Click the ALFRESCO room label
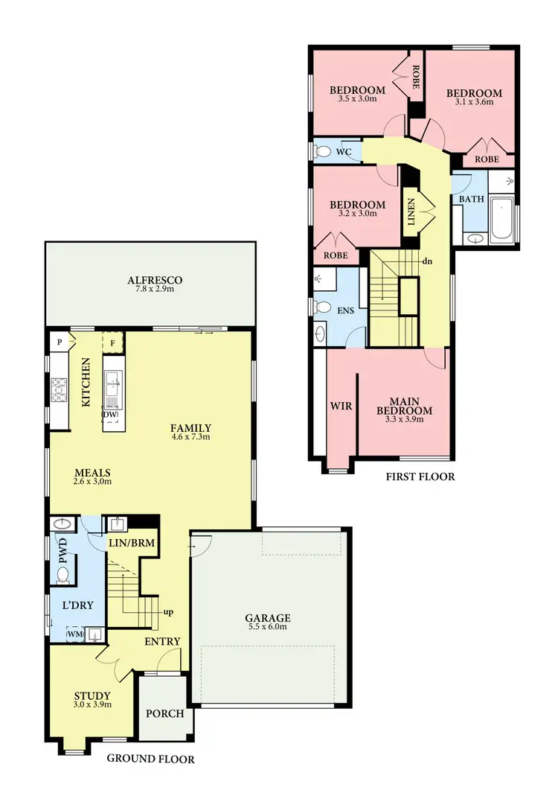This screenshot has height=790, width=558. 155,280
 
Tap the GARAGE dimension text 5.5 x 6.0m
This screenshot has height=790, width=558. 268,627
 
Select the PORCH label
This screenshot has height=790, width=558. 164,713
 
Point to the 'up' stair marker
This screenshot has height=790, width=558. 169,613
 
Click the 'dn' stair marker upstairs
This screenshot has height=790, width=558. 427,262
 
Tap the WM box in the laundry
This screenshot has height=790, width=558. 74,634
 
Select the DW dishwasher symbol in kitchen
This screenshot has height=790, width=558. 110,415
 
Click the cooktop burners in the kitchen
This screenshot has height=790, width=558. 59,388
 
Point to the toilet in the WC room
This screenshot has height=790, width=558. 323,152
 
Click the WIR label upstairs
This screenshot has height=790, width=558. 341,407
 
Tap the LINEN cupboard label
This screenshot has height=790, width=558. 410,211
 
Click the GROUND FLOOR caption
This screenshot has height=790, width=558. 150,759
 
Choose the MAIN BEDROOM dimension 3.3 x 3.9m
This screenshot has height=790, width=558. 404,419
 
